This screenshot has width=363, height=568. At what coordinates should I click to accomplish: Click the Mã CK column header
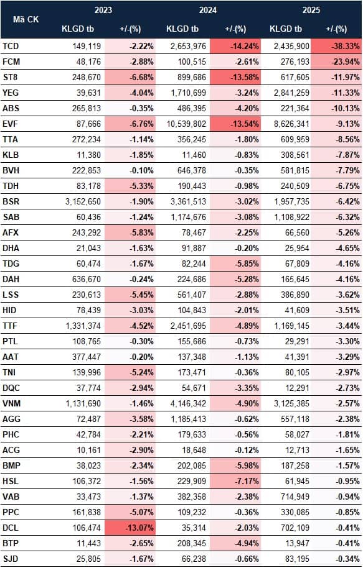[x=26, y=19]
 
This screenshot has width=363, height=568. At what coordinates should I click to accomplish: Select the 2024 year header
[x=207, y=10]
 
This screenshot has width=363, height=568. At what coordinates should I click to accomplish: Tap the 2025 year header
[x=311, y=10]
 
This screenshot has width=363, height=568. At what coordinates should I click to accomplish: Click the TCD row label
[x=11, y=47]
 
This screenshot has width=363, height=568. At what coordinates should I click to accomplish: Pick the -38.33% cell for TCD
[x=345, y=47]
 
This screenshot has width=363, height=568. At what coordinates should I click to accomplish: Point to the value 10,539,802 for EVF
[x=186, y=124]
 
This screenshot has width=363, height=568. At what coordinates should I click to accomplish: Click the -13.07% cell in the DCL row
[x=139, y=528]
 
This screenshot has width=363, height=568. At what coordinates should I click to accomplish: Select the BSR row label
[x=11, y=201]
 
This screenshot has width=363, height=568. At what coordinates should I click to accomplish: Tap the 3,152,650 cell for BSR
[x=83, y=201]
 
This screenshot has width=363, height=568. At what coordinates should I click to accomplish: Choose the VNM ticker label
[x=12, y=403]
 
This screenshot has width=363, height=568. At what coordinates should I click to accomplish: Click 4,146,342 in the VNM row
[x=188, y=403]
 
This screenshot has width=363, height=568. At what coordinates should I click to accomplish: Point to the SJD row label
[x=11, y=559]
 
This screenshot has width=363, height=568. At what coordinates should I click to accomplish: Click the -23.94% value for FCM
[x=345, y=62]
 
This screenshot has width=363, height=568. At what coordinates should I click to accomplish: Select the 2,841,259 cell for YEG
[x=292, y=93]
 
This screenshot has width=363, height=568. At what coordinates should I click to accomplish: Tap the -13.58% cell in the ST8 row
[x=245, y=77]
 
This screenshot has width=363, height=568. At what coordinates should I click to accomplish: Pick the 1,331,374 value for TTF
[x=83, y=326]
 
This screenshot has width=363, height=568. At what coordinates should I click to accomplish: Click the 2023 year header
[x=103, y=10]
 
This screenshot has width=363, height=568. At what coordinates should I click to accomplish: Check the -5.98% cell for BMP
[x=247, y=465]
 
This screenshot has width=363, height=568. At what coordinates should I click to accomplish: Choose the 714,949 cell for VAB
[x=295, y=497]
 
